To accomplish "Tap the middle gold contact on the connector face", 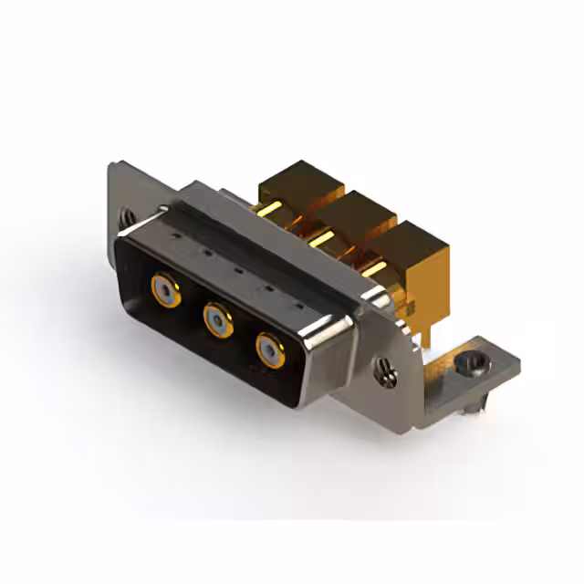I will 216,318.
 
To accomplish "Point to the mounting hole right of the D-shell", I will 384,369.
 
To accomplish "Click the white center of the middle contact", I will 216,318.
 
